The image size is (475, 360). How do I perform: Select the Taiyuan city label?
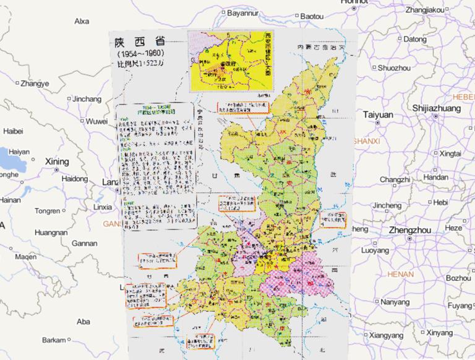coord(378,114)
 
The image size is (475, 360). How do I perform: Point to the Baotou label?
coord(312,14)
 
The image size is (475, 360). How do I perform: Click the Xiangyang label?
coord(389,335)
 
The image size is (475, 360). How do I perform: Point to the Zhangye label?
coord(34,84)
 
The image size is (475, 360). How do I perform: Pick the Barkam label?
coord(54,340)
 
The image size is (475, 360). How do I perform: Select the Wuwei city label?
coord(96,121)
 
